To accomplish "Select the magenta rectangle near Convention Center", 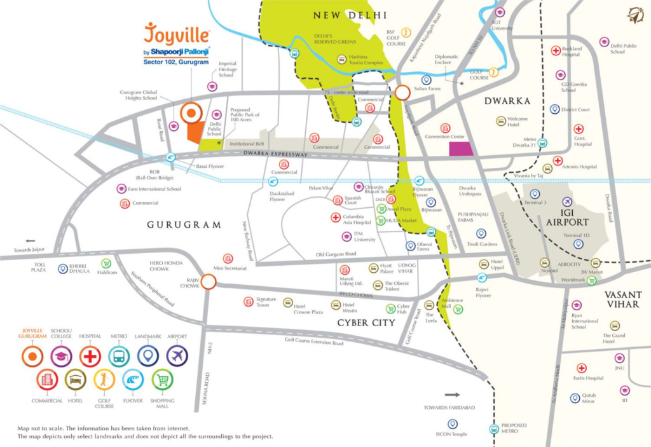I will (x=462, y=149).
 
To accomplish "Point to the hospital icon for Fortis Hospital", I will (x=581, y=368).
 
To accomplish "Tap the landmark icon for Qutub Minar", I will (x=575, y=399).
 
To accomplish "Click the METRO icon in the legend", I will (x=119, y=356).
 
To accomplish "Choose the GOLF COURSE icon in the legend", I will (x=104, y=380).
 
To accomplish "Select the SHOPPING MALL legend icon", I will (x=163, y=380).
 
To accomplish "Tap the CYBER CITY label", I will (x=366, y=322).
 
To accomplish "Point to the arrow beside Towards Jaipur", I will (x=30, y=241).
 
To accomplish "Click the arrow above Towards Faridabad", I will (x=451, y=395).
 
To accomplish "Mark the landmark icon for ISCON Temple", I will (x=453, y=423).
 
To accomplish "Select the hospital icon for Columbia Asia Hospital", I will (x=336, y=217).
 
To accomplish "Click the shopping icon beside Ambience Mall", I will (x=458, y=309).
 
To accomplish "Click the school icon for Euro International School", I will (x=121, y=189).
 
